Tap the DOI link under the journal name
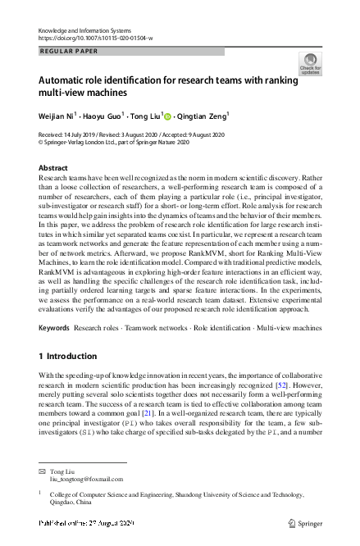click(95, 39)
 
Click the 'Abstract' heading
click(53, 167)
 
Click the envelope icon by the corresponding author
click(42, 472)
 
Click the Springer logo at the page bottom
click(304, 522)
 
